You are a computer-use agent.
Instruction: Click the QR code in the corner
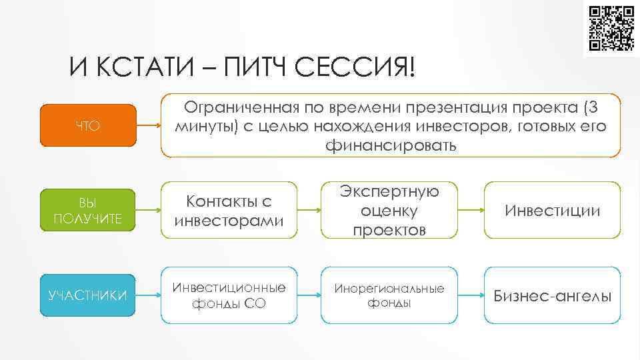tap(611, 29)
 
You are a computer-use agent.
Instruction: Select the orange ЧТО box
tap(87, 125)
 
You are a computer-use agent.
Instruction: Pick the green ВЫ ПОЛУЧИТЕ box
tap(87, 211)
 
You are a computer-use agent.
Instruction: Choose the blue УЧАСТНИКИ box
tap(87, 295)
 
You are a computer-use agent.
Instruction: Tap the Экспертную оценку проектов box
tap(389, 211)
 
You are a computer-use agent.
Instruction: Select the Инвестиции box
tap(552, 211)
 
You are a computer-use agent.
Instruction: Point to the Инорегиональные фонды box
tap(389, 295)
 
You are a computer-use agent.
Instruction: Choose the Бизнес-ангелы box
tap(552, 295)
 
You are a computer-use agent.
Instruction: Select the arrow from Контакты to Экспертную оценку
tap(310, 211)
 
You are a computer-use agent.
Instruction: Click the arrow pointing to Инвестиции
tap(471, 211)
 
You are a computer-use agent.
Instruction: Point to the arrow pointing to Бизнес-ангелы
tap(471, 295)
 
